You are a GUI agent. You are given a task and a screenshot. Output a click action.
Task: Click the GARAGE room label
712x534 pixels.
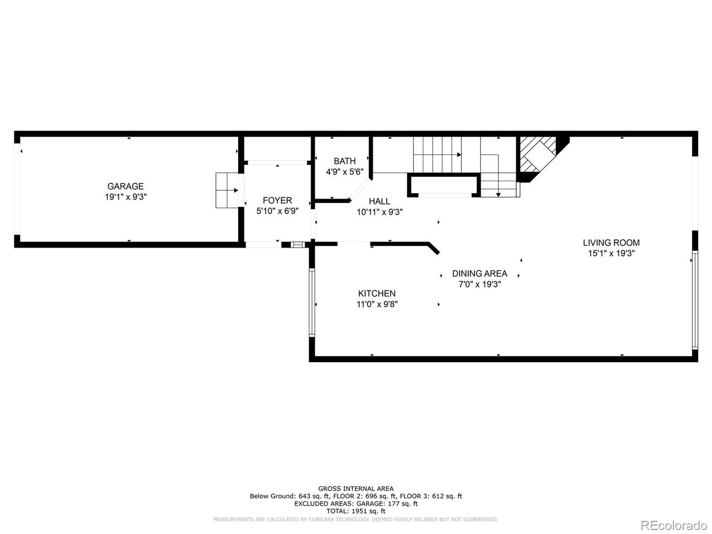[x=125, y=186]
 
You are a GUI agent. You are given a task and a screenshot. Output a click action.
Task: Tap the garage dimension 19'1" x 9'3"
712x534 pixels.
[x=125, y=197]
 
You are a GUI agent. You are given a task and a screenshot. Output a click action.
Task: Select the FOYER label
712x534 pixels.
[x=277, y=200]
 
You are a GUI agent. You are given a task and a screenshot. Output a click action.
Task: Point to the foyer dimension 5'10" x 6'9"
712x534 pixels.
[x=277, y=211]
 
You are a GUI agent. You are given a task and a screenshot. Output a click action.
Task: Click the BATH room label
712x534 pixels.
[x=344, y=161]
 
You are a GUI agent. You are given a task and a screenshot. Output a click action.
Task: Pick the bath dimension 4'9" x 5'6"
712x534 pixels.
[x=344, y=172]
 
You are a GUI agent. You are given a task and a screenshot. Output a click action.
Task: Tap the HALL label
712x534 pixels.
[x=379, y=201]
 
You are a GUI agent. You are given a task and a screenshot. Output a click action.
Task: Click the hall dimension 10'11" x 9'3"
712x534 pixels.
[x=379, y=212]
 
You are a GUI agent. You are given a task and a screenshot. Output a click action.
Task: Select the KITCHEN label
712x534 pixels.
[x=377, y=293]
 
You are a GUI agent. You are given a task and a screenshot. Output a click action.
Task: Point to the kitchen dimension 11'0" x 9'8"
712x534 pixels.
[x=377, y=304]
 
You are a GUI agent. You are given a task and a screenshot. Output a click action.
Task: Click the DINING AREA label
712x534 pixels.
[x=479, y=273]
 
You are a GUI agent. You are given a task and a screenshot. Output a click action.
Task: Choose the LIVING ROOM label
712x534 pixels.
[x=611, y=243]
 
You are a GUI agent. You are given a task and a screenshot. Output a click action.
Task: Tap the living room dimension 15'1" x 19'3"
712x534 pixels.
[x=611, y=253]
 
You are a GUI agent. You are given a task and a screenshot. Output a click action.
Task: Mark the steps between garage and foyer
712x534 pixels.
[x=226, y=190]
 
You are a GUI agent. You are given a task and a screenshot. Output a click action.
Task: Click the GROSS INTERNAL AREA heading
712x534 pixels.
[x=355, y=488]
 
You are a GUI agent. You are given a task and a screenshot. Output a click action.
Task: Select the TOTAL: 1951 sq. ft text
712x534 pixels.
[x=355, y=511]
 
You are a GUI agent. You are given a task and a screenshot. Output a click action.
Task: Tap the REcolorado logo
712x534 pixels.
[x=673, y=525]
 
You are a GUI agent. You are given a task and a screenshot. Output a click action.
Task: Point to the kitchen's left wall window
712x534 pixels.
[x=312, y=303]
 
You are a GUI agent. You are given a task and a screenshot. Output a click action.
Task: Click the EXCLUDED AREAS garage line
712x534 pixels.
[x=355, y=503]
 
